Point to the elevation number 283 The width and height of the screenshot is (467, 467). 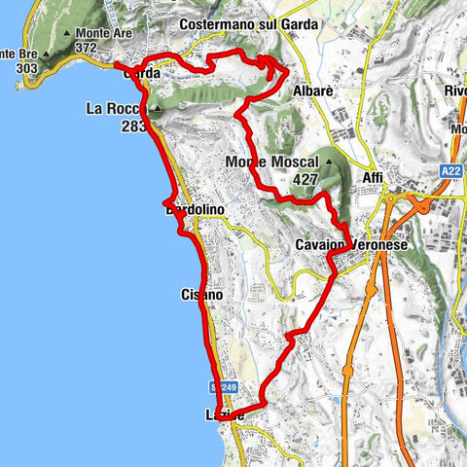pos(134,126)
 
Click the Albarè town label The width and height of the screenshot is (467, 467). pos(314,90)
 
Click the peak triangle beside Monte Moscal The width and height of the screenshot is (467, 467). pos(331,162)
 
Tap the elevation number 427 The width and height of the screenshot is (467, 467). pos(306,179)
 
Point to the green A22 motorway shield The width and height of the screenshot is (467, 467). pos(452,170)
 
